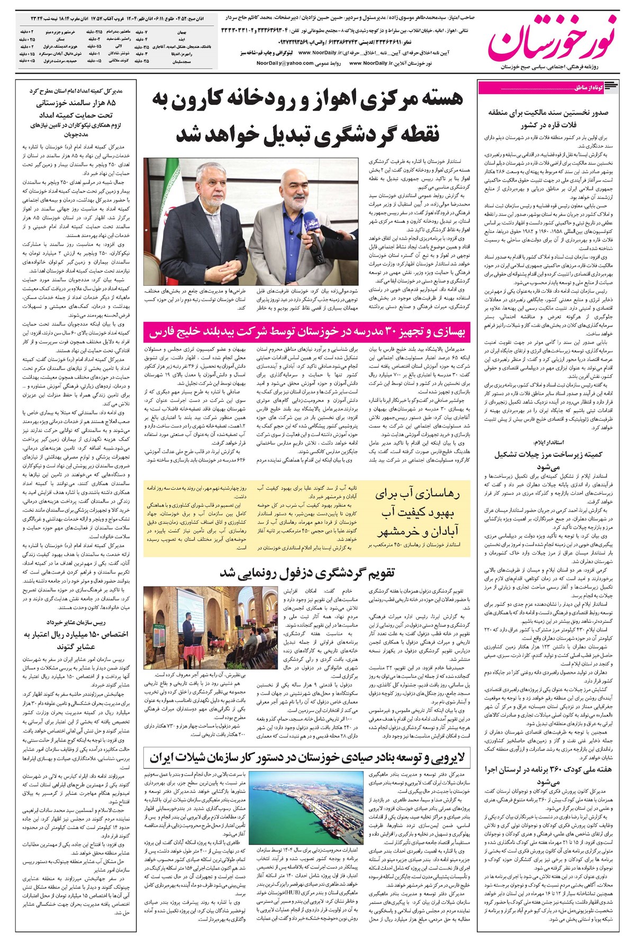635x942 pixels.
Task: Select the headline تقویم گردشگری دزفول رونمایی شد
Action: (x=307, y=573)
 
